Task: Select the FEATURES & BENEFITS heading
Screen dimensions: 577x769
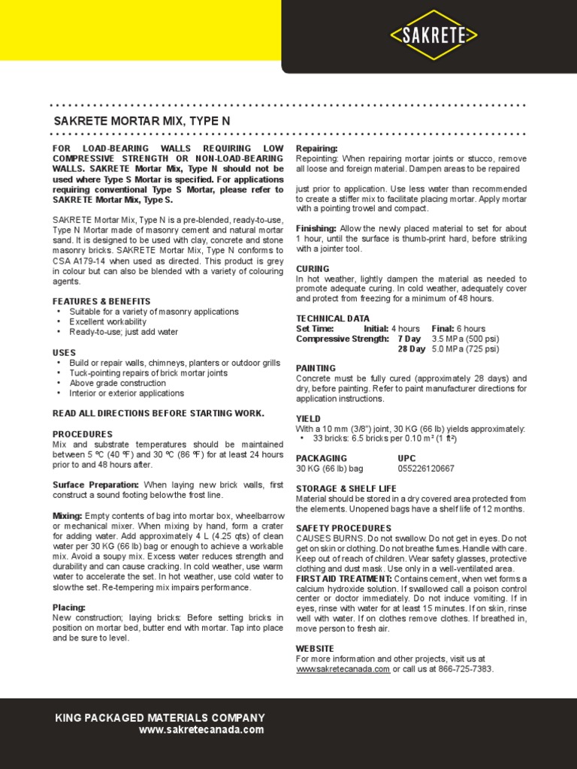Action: pos(101,301)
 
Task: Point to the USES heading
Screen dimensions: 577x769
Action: pos(64,352)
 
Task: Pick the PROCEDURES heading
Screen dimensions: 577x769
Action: pos(83,434)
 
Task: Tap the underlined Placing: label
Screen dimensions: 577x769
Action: pos(68,607)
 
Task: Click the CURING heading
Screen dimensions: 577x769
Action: pos(313,268)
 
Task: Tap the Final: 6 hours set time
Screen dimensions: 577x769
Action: pos(458,329)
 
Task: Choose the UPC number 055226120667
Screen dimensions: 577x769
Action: pos(426,469)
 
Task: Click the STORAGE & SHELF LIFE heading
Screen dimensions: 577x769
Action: pos(346,488)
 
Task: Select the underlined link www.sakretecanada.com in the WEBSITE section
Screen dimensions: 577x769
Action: pos(343,669)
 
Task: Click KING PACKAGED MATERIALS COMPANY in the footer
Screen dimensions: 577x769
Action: pos(160,718)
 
